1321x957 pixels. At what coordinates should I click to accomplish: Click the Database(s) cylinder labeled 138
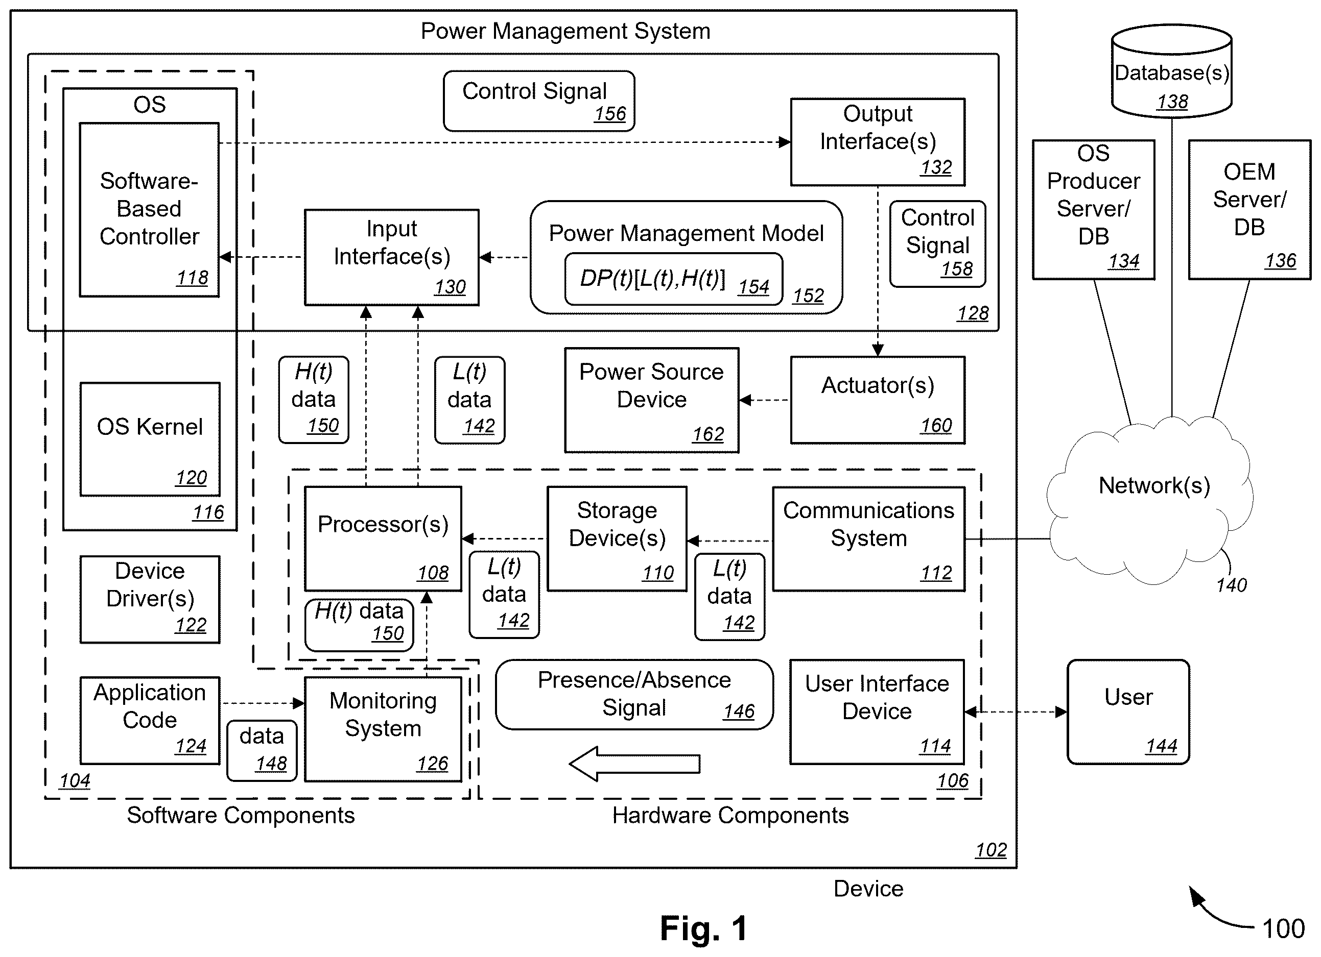click(1171, 70)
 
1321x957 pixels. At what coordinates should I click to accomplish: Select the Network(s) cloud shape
click(1150, 501)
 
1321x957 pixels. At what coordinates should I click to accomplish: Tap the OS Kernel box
click(150, 439)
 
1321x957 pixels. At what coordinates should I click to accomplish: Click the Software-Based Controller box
click(149, 210)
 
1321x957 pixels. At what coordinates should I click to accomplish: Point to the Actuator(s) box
click(878, 400)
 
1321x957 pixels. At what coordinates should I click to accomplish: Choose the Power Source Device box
click(652, 400)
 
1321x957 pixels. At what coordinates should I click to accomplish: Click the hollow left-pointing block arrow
click(634, 763)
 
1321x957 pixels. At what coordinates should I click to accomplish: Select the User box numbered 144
click(1128, 711)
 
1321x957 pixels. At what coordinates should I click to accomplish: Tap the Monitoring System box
click(383, 729)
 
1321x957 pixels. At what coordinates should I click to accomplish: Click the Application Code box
click(150, 720)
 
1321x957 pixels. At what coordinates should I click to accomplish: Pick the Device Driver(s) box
click(150, 599)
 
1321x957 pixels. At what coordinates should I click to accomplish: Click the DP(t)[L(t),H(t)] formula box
click(673, 279)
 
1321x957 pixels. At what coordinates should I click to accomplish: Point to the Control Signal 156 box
click(539, 101)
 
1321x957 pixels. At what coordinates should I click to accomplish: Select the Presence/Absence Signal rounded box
click(634, 695)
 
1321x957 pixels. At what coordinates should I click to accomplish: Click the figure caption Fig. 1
click(703, 928)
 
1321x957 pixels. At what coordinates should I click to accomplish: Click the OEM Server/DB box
click(1249, 210)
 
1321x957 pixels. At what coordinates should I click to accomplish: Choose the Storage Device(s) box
click(617, 539)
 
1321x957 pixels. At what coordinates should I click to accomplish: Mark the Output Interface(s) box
click(878, 142)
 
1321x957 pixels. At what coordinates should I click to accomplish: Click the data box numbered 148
click(262, 750)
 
